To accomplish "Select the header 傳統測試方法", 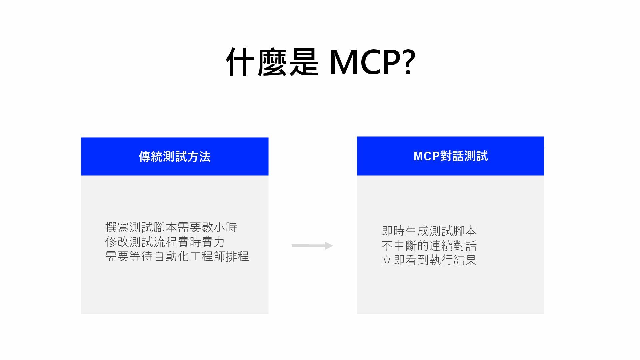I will pos(175,157).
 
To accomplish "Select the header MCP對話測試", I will pos(450,156).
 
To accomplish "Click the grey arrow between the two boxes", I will pos(312,246).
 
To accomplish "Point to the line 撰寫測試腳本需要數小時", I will pos(171,227).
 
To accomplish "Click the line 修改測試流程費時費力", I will pos(165,242).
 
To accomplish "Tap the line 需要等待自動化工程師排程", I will pos(177,256).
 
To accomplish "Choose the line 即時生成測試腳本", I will pos(429,231).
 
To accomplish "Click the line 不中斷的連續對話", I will pos(429,246).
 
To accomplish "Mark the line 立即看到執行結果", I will pos(429,260).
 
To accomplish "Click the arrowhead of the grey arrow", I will pos(329,246).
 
